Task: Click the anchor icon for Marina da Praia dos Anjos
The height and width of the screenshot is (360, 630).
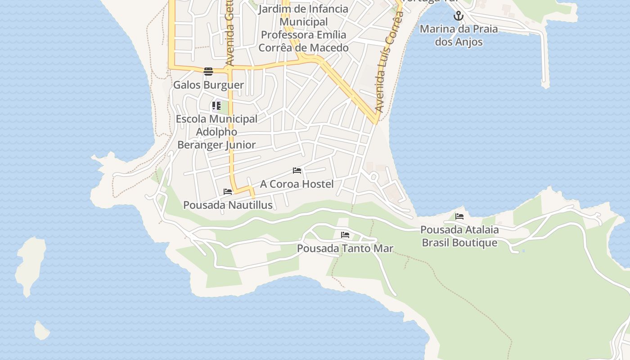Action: pyautogui.click(x=458, y=16)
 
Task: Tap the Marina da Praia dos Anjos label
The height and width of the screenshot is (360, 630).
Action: pyautogui.click(x=459, y=36)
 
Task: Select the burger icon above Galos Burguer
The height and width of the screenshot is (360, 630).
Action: pyautogui.click(x=208, y=71)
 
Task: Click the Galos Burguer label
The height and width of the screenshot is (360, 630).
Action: pyautogui.click(x=208, y=85)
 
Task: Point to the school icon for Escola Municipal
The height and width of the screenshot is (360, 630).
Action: pyautogui.click(x=216, y=106)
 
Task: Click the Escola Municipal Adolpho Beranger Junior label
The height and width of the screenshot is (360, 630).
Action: pyautogui.click(x=216, y=132)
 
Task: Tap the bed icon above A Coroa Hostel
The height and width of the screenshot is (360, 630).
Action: pyautogui.click(x=297, y=171)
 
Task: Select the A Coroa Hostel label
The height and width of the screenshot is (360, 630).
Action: pyautogui.click(x=297, y=184)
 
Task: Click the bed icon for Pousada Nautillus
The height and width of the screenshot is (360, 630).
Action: pyautogui.click(x=228, y=192)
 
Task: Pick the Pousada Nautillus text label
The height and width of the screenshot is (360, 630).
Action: pyautogui.click(x=228, y=205)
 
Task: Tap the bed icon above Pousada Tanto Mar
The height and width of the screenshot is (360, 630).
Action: pyautogui.click(x=345, y=235)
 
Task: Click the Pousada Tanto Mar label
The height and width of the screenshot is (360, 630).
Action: pyautogui.click(x=345, y=248)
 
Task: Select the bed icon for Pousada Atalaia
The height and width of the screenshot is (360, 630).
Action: pyautogui.click(x=459, y=216)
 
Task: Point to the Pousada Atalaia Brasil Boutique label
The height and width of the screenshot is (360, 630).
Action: pyautogui.click(x=459, y=236)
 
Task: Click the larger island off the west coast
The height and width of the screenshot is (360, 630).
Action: pyautogui.click(x=31, y=265)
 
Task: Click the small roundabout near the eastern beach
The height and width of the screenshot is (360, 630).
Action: pyautogui.click(x=373, y=177)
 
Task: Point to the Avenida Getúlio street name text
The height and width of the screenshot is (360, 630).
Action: pyautogui.click(x=230, y=34)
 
